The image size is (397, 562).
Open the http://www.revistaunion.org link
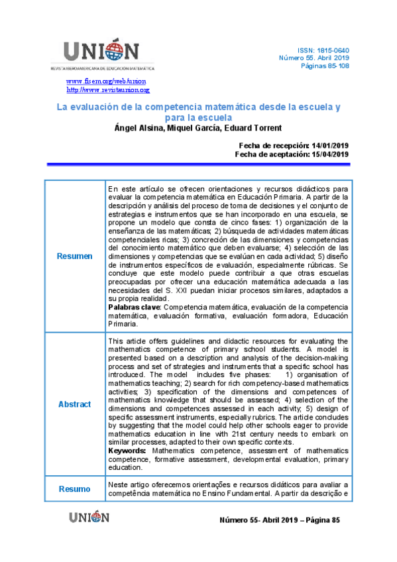coord(107,89)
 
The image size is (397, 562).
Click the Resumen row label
coord(74,256)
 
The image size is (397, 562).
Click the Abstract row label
coord(74,404)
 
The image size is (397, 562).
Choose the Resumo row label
coord(74,489)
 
